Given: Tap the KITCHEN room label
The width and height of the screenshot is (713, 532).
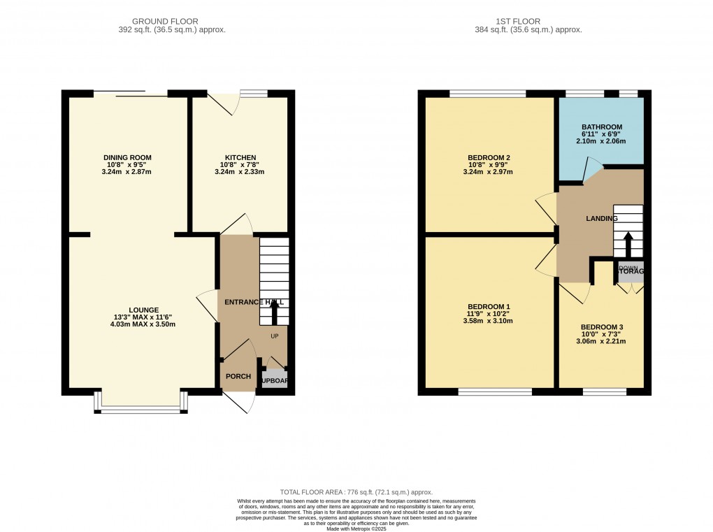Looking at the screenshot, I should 240,157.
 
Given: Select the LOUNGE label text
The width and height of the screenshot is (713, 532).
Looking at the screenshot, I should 143,310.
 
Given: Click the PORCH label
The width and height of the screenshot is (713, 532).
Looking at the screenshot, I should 238,377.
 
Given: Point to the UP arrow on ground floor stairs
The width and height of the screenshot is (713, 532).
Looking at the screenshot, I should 273,315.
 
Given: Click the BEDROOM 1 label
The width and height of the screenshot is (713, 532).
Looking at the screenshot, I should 489,307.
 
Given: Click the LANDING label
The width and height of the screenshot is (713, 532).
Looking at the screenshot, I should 601,219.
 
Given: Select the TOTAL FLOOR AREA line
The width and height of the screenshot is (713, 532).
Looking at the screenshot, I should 356,492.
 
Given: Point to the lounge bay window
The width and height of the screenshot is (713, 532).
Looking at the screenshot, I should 141,408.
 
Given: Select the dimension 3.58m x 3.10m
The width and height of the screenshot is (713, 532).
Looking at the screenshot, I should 489,322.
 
